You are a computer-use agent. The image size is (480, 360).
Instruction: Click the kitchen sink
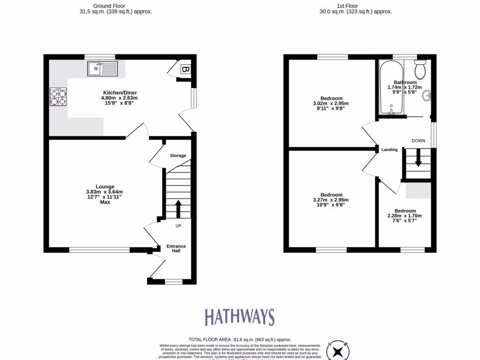click(x=102, y=68)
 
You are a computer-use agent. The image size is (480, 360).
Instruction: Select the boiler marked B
click(x=186, y=70)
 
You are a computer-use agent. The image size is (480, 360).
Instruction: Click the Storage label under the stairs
click(x=178, y=156)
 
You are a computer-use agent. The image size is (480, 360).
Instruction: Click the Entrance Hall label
click(x=176, y=248)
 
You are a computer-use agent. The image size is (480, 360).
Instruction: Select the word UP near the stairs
click(x=178, y=226)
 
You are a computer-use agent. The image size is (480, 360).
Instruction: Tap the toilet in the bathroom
click(x=420, y=70)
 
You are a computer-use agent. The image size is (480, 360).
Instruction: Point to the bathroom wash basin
click(x=427, y=96)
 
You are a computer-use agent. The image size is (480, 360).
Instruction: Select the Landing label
click(x=390, y=150)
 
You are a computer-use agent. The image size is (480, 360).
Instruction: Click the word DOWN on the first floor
click(x=418, y=141)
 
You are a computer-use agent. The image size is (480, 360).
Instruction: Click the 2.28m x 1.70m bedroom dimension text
click(x=405, y=216)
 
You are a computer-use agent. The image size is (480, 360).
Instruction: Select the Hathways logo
click(x=239, y=317)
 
